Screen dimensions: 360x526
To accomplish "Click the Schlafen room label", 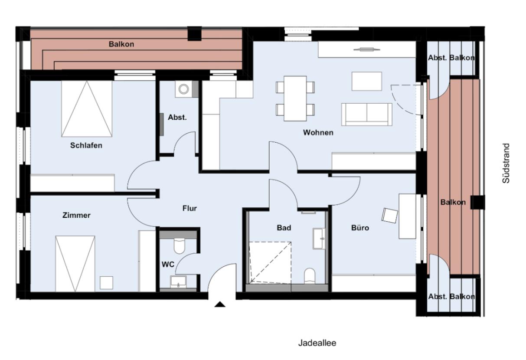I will click(x=86, y=145).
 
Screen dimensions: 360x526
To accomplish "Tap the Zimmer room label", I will click(x=76, y=215).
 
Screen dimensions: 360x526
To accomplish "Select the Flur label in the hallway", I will click(x=189, y=209).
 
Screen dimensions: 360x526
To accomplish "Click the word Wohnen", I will click(x=318, y=133).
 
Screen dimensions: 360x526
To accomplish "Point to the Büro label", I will click(x=360, y=227).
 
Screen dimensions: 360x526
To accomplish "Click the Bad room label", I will click(x=284, y=227).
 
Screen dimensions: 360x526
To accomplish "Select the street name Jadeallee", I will click(x=317, y=343).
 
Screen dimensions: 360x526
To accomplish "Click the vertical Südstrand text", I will click(x=506, y=163).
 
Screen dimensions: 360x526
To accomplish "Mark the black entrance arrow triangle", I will click(x=220, y=304).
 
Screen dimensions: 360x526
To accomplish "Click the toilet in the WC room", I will click(x=180, y=246).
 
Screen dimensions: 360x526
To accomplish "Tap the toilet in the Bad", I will click(x=310, y=275).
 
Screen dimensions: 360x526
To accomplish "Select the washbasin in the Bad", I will click(x=320, y=238).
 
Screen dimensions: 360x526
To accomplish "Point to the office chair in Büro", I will click(x=390, y=216).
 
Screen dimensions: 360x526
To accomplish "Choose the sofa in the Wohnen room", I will click(x=366, y=114).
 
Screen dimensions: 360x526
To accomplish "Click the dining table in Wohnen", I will click(x=295, y=98).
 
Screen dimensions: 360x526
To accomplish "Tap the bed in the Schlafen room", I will click(x=87, y=108).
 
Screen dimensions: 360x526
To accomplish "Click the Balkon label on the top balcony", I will click(x=121, y=44).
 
